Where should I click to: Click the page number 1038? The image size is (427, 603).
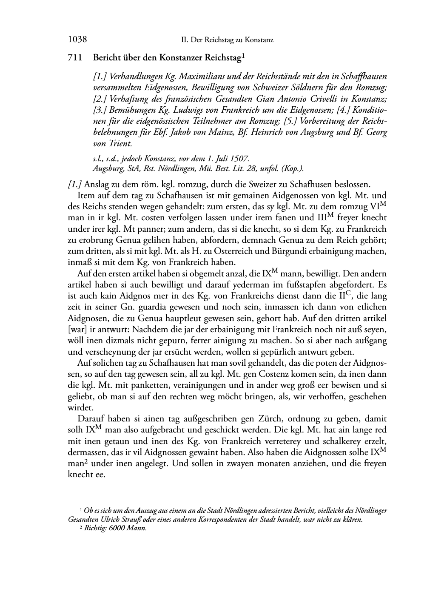point(77,40)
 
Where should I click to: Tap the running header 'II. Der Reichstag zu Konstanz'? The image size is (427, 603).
point(227,40)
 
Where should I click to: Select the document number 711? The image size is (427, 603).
point(75,57)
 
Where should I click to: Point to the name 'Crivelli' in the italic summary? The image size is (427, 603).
point(310,99)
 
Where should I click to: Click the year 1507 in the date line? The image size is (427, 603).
point(233,159)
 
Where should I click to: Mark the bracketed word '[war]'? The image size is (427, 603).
point(77,329)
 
